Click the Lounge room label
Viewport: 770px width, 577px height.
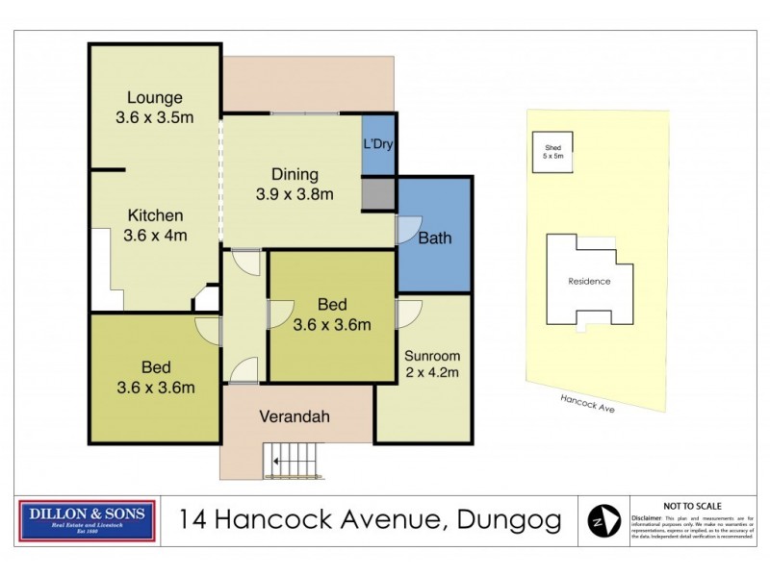click(x=155, y=97)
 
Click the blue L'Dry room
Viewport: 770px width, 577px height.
click(x=378, y=145)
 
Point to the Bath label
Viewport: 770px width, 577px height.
click(x=434, y=238)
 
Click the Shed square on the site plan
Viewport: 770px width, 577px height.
click(x=552, y=152)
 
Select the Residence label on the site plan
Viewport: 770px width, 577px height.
click(x=589, y=282)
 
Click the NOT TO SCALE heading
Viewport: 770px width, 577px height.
click(x=692, y=506)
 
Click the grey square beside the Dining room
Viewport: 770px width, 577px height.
click(x=378, y=194)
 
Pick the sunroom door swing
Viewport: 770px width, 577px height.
click(x=407, y=314)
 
